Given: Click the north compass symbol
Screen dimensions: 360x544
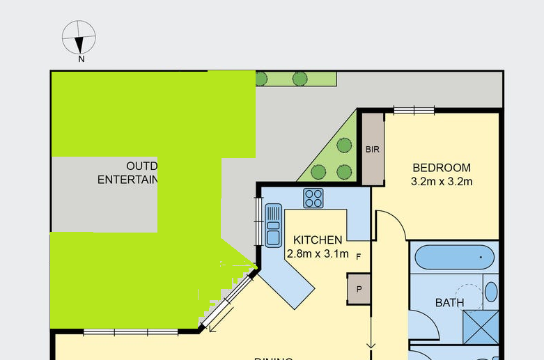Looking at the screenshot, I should [x=79, y=38].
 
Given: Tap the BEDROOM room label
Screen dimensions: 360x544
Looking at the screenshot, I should [x=442, y=168].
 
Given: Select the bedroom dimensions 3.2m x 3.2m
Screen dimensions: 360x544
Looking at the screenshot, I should [x=442, y=182].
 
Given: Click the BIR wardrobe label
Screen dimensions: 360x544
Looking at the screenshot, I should [x=373, y=149].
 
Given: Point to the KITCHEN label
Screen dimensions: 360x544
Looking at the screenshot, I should [x=317, y=240].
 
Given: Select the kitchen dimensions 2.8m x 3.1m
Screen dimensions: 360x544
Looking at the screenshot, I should [x=317, y=254].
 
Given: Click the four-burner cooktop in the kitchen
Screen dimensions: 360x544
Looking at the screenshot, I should [x=313, y=198].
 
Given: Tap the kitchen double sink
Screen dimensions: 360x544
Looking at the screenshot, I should [x=274, y=224].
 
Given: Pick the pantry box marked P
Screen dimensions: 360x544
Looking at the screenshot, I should [x=359, y=289].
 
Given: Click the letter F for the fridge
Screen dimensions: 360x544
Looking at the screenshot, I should [x=359, y=257].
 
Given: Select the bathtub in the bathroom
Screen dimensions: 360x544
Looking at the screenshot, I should [x=454, y=258].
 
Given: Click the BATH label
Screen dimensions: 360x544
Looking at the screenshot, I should [x=449, y=303].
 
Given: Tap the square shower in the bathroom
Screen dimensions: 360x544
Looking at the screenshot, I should [x=481, y=326].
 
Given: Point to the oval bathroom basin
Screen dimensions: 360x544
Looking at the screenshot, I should [x=491, y=291].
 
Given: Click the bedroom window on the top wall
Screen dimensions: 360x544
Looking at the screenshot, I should [x=414, y=109].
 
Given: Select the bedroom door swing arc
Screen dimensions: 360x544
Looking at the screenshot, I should [x=391, y=221].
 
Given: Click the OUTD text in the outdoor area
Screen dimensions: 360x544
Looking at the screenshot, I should [x=142, y=166].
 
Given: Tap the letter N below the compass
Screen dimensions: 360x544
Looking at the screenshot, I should [x=81, y=59].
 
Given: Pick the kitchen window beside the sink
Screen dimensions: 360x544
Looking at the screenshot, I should [x=258, y=223].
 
